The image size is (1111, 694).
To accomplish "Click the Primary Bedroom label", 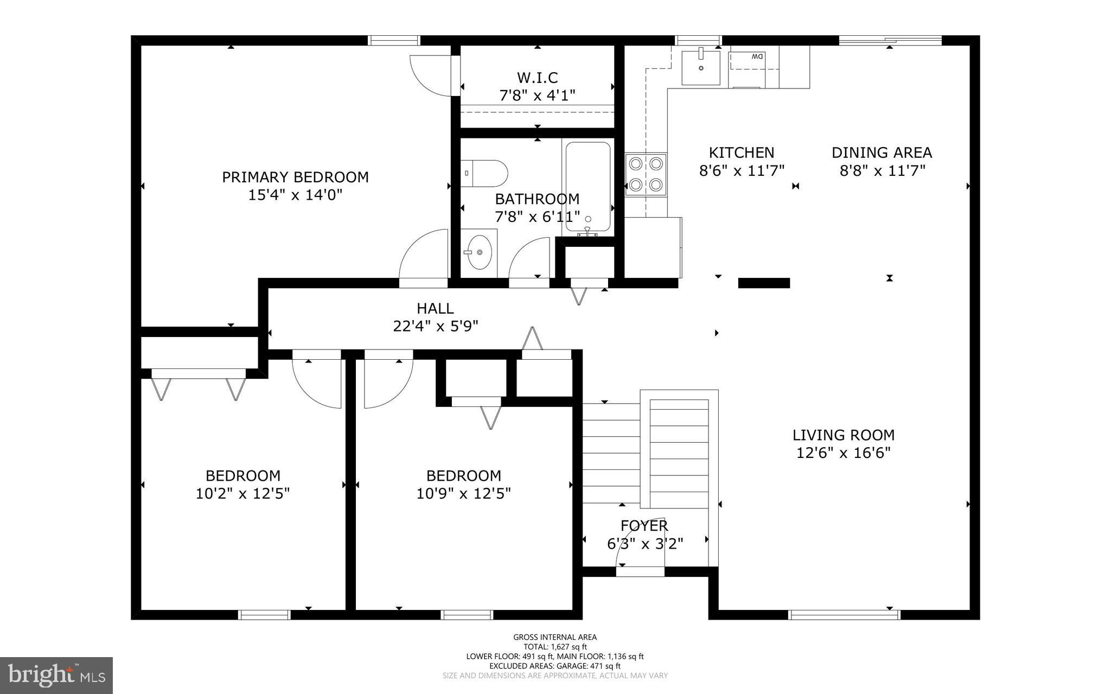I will coord(295,177).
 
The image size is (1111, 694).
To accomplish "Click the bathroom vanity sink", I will coord(479,252).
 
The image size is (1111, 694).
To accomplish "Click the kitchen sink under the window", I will coord(700,67).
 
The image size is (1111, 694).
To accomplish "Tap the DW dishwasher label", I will coord(757,56).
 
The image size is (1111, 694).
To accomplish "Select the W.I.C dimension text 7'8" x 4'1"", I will coord(537,95).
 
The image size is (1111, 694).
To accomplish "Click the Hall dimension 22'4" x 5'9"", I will coord(435,326).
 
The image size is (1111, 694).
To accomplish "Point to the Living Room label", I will coord(843,435).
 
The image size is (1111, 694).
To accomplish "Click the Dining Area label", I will coord(882,152).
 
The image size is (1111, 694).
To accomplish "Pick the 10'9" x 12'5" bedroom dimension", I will coord(463,494).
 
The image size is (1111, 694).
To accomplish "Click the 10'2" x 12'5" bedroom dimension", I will coord(242,494).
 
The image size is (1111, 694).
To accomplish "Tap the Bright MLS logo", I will coord(56,675).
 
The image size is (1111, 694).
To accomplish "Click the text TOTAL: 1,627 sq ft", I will coord(555,647).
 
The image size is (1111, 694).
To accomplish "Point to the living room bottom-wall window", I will coord(844,615).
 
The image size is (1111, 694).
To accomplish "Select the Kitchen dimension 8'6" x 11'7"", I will coord(742,171).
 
